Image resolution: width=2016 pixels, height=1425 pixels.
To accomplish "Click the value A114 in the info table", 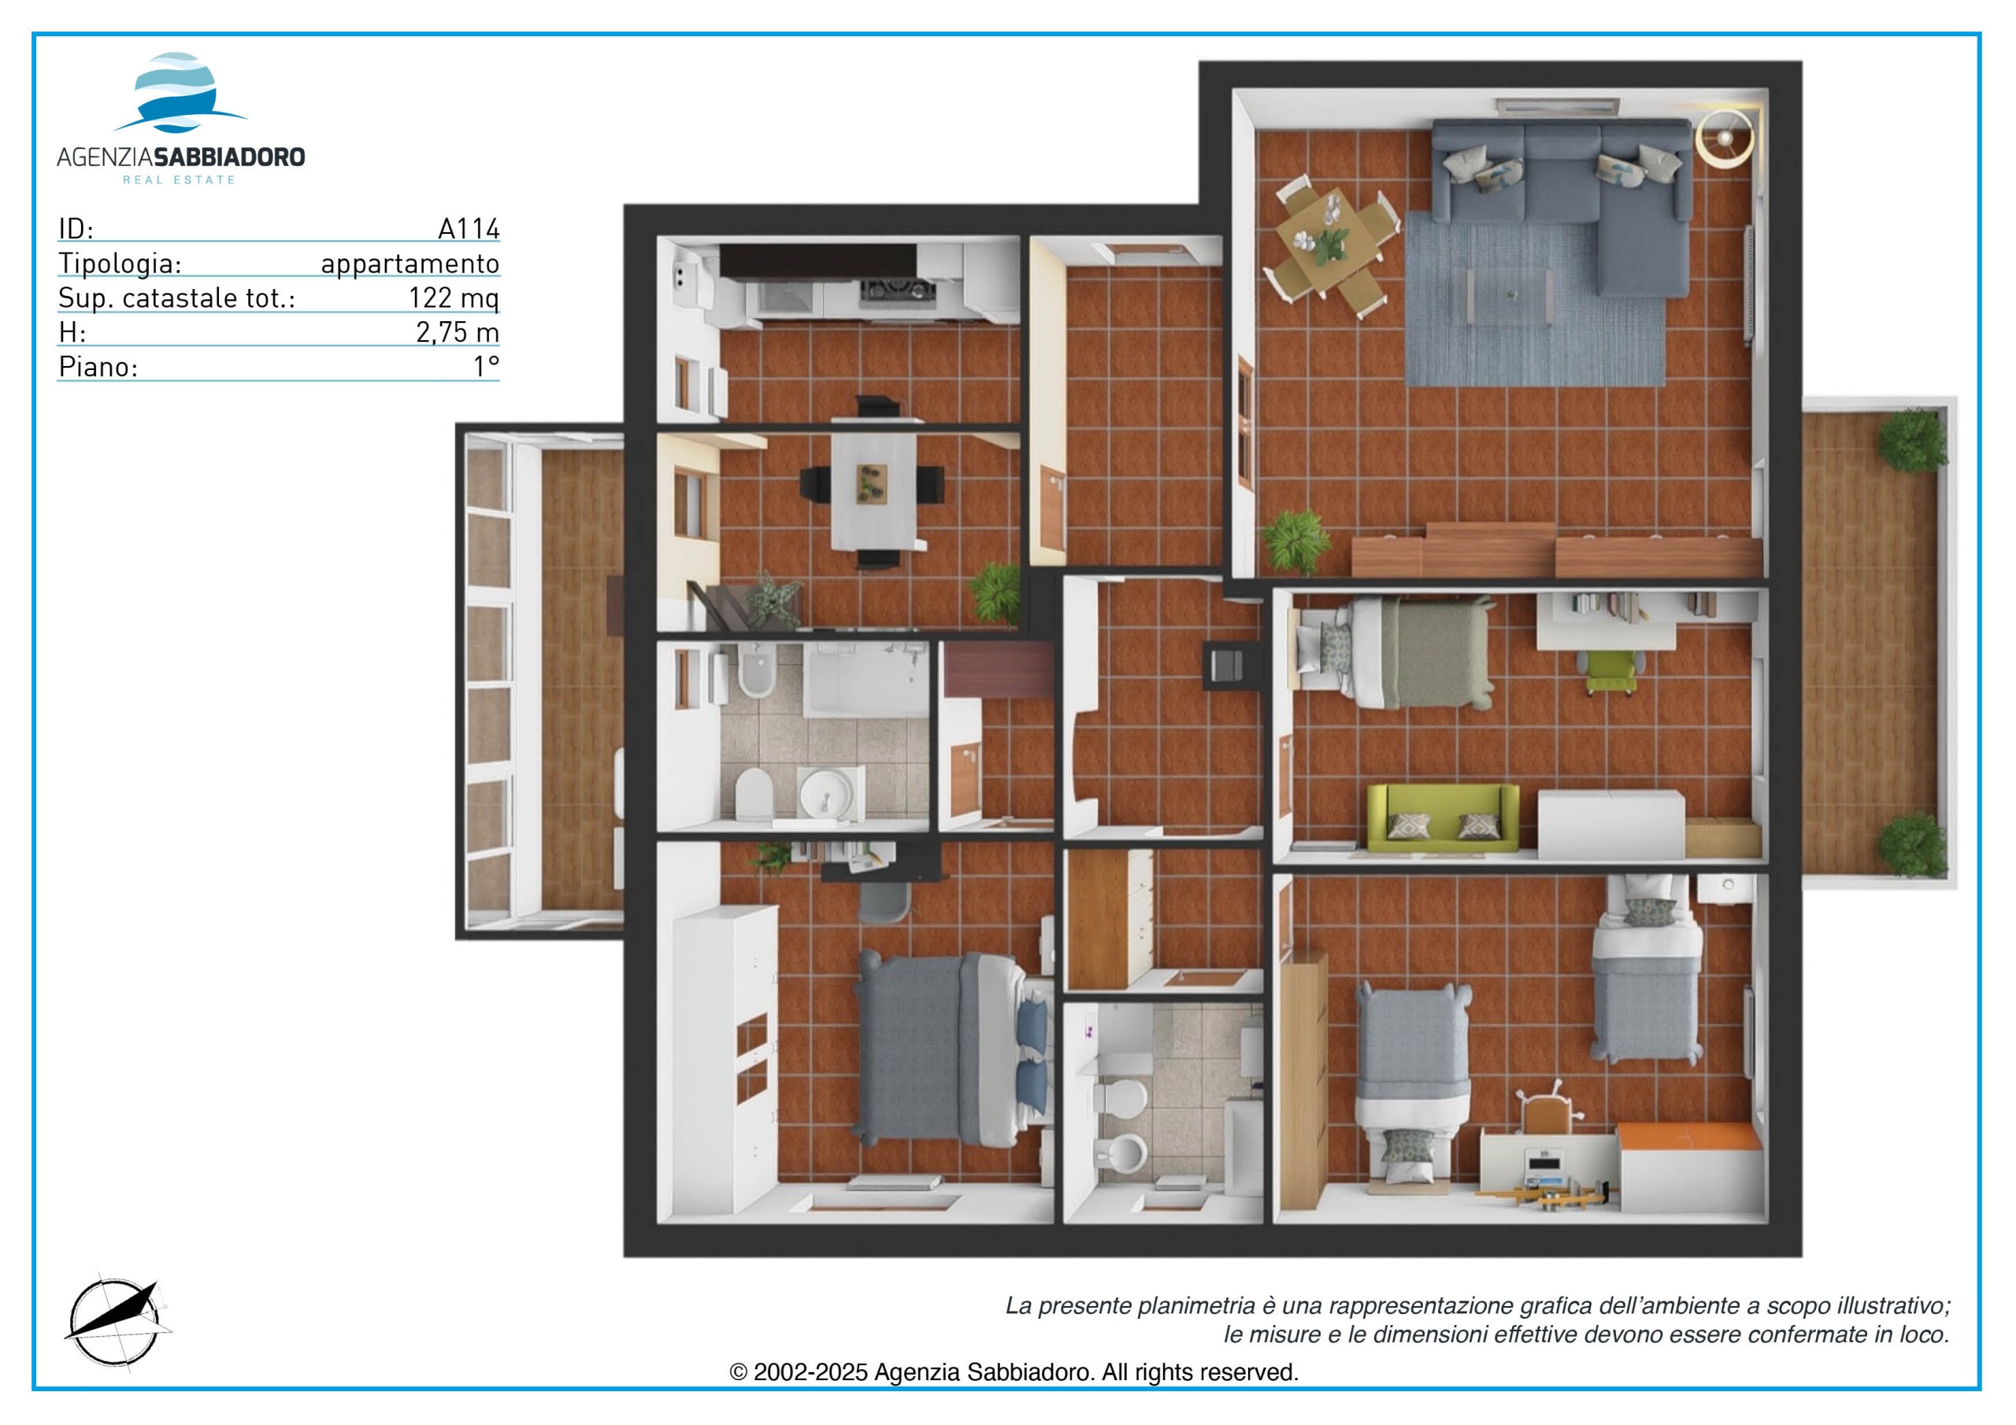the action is point(469,228).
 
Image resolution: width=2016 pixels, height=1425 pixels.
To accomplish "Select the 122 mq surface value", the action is point(454,298).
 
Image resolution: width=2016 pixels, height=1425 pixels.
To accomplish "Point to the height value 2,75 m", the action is point(458,333).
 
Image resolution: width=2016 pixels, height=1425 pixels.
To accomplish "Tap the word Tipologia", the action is point(120,264).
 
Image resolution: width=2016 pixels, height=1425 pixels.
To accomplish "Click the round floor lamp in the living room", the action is point(1725,137).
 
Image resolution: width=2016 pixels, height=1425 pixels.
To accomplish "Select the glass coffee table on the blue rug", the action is point(1510,296).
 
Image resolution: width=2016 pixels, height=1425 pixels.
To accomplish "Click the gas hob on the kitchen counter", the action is point(896,289).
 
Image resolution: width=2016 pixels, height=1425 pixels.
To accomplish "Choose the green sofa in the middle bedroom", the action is point(1443,818).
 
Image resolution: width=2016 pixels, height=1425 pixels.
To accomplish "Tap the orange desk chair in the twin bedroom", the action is point(1546,1112).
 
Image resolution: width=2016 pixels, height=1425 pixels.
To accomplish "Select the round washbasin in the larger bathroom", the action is point(825,795).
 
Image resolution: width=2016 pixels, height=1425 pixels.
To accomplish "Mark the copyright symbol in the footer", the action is point(739,1372).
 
